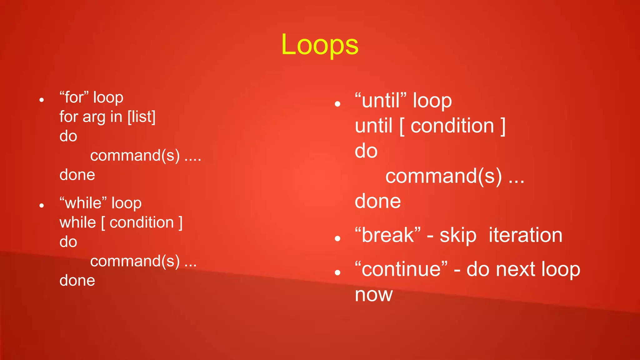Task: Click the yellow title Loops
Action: click(x=320, y=45)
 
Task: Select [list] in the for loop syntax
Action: click(x=141, y=117)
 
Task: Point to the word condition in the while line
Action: click(x=142, y=222)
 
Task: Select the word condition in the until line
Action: click(x=452, y=126)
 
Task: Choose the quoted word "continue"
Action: click(x=401, y=269)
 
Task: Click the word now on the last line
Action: click(x=373, y=295)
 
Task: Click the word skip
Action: click(x=458, y=236)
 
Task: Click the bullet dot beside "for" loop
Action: click(x=42, y=100)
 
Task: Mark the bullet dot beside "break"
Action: click(x=337, y=239)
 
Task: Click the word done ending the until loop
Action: click(x=377, y=201)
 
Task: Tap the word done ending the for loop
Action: click(x=77, y=175)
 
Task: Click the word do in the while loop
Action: click(x=68, y=242)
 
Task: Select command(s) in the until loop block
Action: click(x=443, y=176)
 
